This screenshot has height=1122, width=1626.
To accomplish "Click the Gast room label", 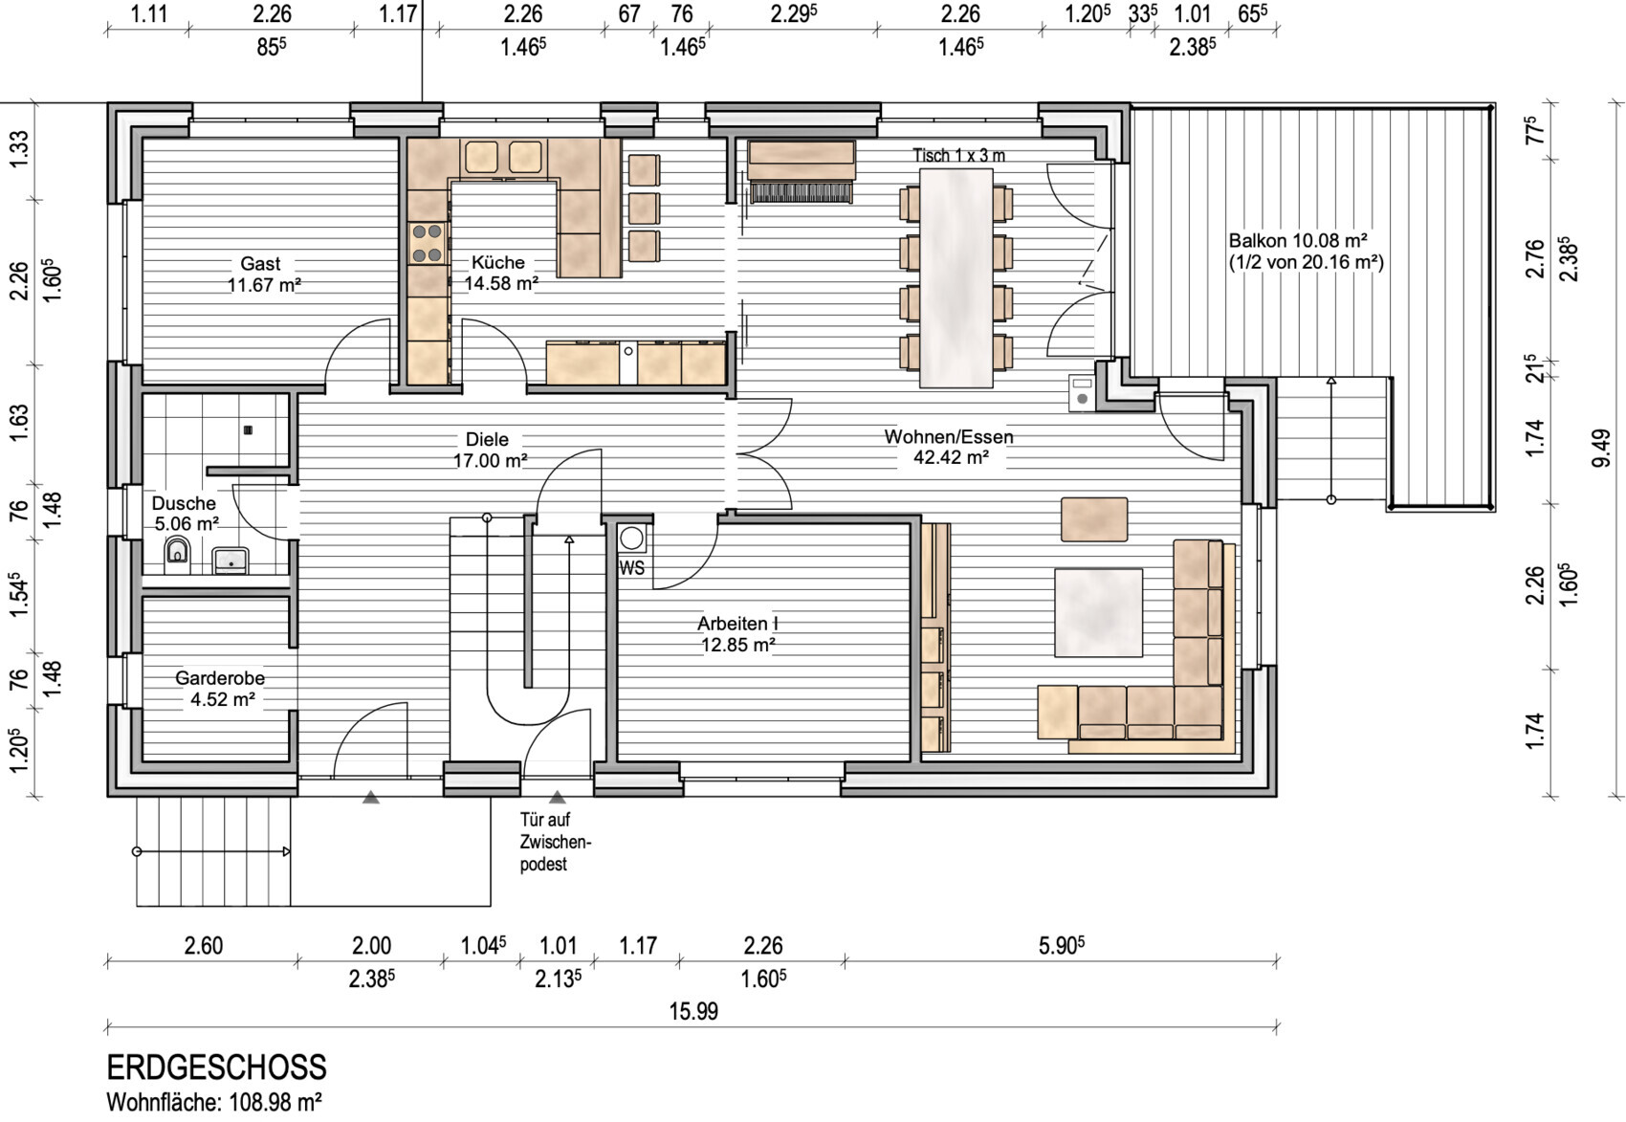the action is click(264, 274).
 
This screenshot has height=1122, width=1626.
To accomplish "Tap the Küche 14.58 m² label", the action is click(501, 273).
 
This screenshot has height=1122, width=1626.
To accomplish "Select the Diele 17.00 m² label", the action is click(490, 450).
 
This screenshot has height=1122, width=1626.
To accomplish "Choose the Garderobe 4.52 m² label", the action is click(221, 688).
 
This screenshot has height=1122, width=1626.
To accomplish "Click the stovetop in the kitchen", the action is click(427, 243).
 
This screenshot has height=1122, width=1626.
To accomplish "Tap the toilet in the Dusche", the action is click(177, 552).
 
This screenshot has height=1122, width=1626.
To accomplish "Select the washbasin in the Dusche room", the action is click(231, 561).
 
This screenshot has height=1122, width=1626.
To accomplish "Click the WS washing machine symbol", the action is click(631, 539).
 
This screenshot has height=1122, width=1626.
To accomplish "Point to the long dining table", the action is click(956, 278).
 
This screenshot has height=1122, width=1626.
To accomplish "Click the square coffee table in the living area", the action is click(1098, 612).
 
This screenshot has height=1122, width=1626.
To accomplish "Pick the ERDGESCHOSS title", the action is click(216, 1067).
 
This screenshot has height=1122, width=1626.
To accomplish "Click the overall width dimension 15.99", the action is click(693, 1011).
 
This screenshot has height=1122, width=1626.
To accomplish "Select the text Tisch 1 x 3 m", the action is click(959, 155).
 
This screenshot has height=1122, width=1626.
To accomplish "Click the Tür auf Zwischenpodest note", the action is click(556, 842).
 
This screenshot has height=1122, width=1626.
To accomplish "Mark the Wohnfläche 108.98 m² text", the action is click(214, 1103).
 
